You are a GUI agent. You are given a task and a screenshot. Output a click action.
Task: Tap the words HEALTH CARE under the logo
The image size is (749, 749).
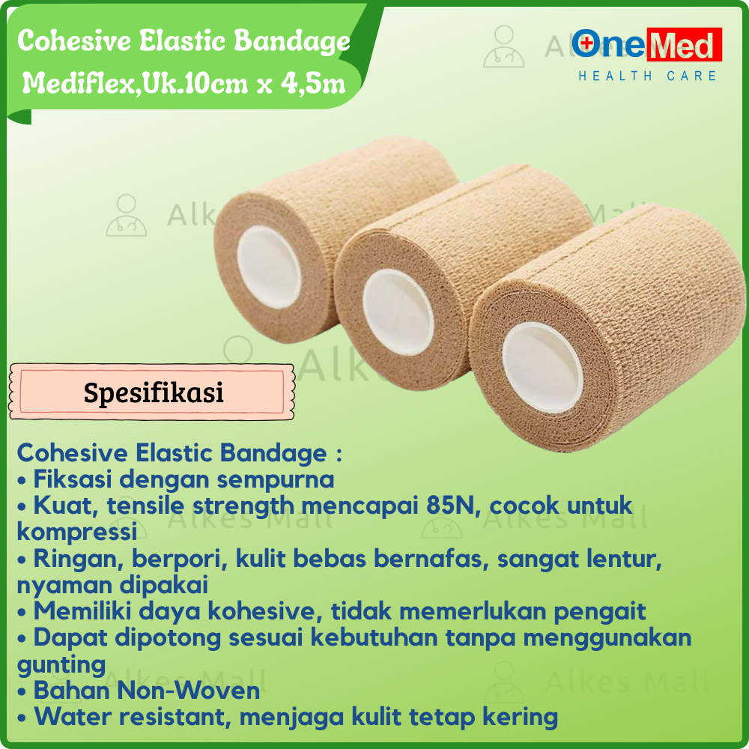[646, 76]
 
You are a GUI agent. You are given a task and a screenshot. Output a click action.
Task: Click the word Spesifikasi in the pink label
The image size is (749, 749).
[154, 392]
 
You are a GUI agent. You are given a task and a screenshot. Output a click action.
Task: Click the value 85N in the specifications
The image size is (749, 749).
[458, 506]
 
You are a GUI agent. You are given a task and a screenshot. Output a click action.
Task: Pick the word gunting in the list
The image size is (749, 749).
[61, 664]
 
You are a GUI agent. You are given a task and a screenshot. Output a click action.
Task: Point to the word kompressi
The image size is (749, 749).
[76, 532]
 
